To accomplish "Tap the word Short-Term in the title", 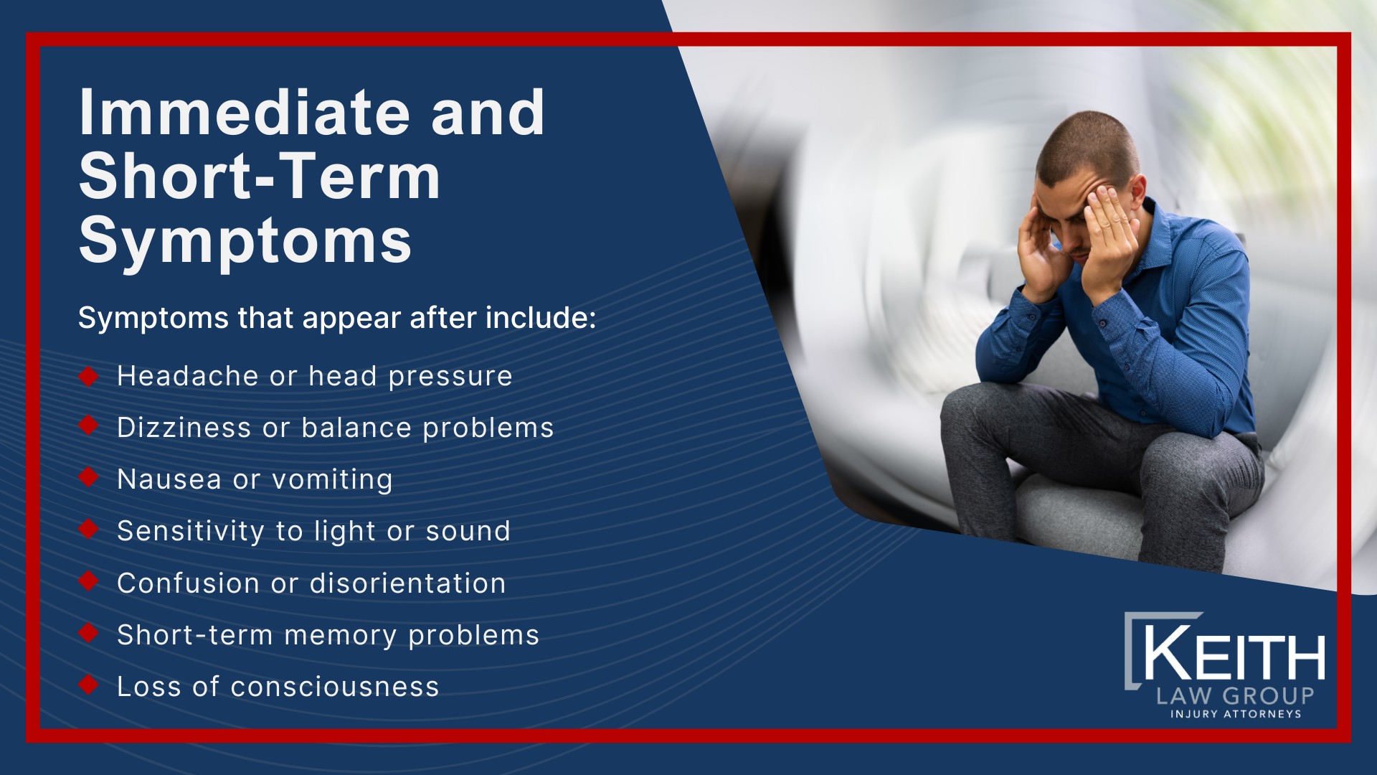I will [259, 177].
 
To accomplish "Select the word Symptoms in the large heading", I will [245, 241].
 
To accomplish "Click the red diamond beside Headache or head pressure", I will [88, 376].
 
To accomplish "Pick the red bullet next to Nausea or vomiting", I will [88, 477].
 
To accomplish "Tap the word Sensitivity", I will [191, 532].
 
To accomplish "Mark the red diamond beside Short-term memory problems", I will [88, 633].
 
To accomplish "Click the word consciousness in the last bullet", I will [334, 687].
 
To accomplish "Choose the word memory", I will [340, 636].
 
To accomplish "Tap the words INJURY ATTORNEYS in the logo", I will [1236, 714].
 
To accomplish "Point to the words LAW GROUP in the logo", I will [1234, 695].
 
